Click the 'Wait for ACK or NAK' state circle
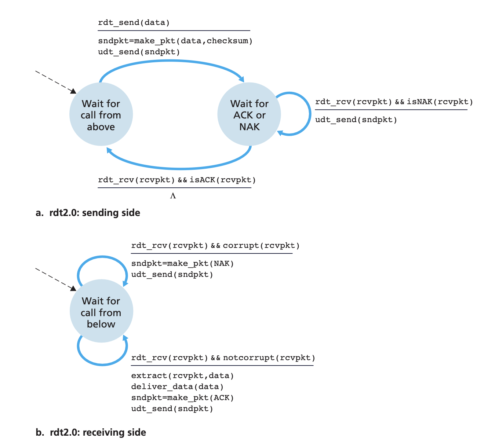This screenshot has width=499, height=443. point(249,114)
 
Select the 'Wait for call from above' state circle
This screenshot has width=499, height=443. point(101,114)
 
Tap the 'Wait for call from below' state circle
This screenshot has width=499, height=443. point(101,311)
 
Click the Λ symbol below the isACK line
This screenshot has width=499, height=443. point(173,196)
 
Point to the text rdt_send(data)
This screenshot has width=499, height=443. point(134,22)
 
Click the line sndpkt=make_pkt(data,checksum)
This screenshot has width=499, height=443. point(175,41)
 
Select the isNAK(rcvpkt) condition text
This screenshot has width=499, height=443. point(440,102)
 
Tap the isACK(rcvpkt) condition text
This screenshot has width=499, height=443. point(223,180)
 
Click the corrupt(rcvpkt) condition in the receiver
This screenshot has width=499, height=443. point(261,245)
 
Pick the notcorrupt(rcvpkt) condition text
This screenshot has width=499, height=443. point(269,358)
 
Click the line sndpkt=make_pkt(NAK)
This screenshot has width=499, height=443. point(182,263)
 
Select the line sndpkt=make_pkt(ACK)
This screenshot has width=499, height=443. point(182,398)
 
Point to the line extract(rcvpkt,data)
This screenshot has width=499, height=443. point(182,376)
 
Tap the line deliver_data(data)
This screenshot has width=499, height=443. point(177,387)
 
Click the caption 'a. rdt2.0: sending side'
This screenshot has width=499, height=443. point(88,213)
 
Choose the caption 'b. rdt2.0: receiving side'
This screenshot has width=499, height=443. point(91,432)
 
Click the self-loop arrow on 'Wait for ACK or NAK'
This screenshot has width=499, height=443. point(310,114)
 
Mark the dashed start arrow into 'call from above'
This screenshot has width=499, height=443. point(56,82)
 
